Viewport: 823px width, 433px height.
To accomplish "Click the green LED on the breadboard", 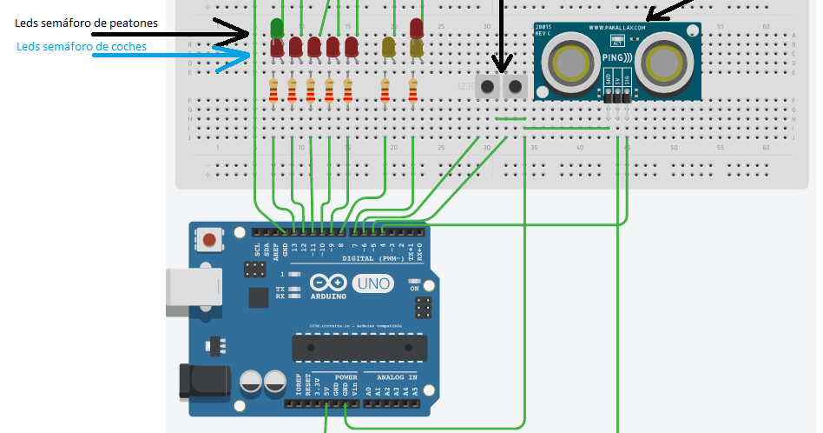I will [x=277, y=28].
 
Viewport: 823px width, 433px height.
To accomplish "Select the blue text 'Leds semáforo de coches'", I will [x=82, y=46].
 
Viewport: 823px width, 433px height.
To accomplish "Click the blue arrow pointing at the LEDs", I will [x=233, y=60].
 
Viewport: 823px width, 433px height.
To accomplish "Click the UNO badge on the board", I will [x=373, y=283].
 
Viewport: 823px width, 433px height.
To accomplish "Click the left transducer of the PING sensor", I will [x=569, y=63].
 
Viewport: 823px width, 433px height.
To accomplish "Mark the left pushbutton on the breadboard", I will [x=489, y=86].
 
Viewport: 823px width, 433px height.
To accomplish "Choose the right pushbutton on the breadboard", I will [x=516, y=86].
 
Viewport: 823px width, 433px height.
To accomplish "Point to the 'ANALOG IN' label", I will [x=396, y=377].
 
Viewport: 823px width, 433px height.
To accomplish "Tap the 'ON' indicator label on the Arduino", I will [x=414, y=288].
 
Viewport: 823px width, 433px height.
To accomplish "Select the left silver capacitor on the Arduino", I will [x=252, y=380].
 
